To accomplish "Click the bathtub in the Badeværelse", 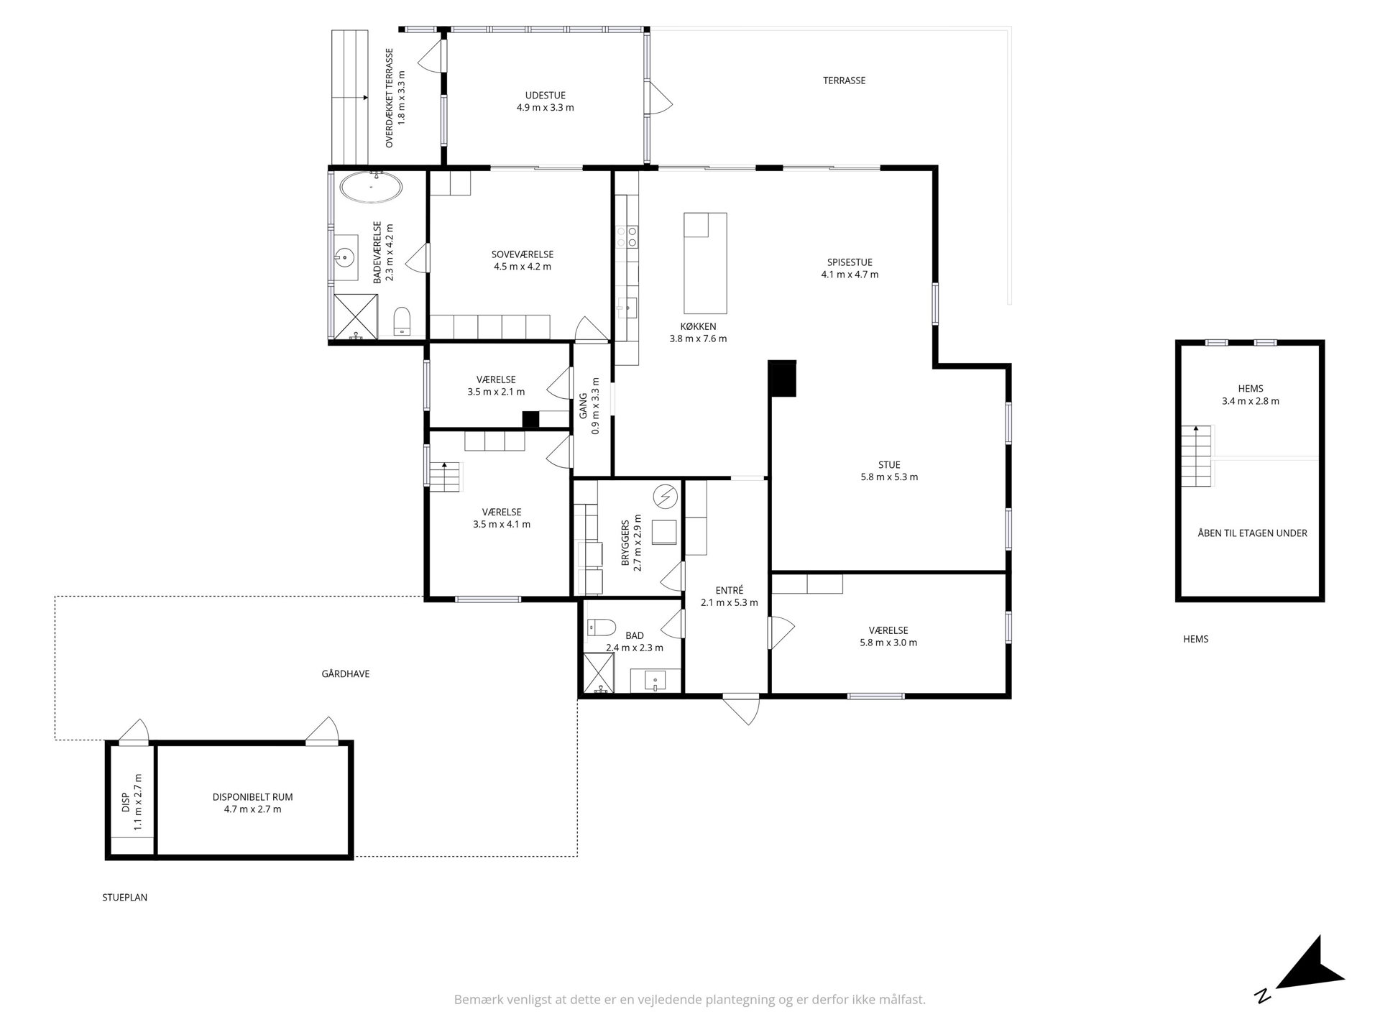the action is coord(371,188).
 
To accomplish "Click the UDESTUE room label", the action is coord(546,96).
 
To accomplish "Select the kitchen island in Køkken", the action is coord(705,263).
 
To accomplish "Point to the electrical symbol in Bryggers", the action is coord(666,497).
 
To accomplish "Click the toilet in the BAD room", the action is coord(601,628).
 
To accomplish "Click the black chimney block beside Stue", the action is coord(782,378).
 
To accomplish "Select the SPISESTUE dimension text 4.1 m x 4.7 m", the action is coord(850,275).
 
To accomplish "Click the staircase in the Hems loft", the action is coord(1196,456).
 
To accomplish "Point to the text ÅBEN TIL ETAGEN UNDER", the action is coord(1252,533).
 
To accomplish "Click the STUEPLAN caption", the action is coord(125,898).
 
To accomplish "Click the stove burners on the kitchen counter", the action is coord(626,237).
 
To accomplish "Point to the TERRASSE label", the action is coord(845,80).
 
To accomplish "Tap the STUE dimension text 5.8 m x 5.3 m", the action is coord(889,477).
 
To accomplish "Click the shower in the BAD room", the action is coord(602,673).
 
